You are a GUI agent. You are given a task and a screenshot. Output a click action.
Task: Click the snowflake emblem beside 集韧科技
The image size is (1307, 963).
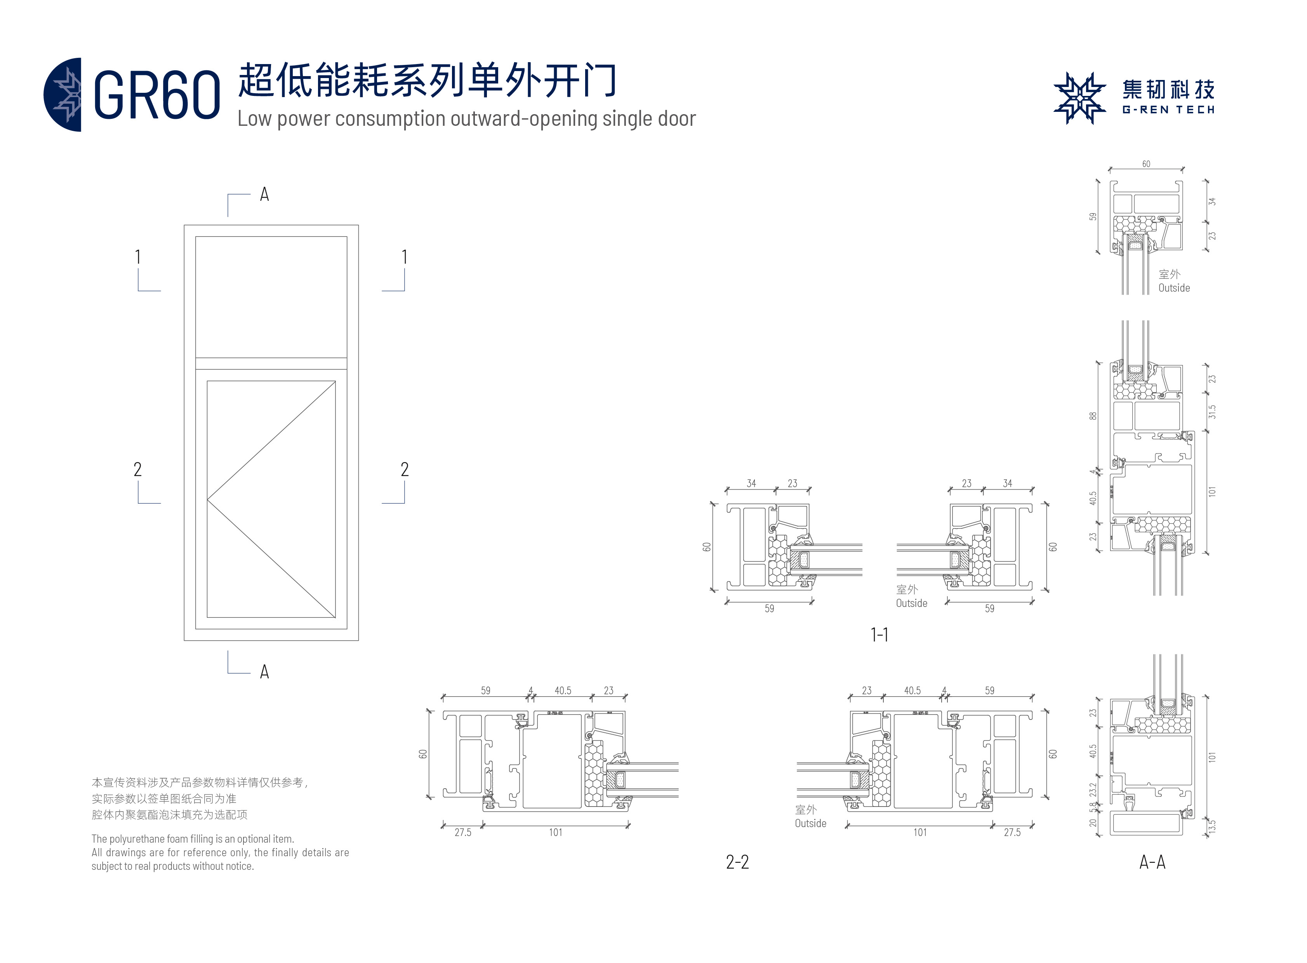(x=1079, y=98)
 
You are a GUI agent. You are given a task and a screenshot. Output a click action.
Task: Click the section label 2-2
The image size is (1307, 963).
(x=737, y=862)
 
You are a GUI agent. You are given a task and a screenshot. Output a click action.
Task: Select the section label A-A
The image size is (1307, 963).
(x=1152, y=862)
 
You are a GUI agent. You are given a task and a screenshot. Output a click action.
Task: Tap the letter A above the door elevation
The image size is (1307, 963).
(x=264, y=194)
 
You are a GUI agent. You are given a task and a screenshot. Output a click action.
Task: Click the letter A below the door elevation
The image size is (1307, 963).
(x=264, y=671)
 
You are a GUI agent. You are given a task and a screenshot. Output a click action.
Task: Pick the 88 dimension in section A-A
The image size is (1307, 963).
(x=1093, y=415)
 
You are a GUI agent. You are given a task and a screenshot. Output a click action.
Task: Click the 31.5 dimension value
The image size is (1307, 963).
(x=1212, y=412)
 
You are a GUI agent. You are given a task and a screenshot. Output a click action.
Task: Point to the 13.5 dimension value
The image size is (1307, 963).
(x=1212, y=826)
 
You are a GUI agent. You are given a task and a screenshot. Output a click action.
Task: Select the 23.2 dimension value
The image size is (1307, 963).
(x=1093, y=789)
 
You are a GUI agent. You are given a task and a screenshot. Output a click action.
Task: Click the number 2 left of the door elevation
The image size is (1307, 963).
(x=137, y=469)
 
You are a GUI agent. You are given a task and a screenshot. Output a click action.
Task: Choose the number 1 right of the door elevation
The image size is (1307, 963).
(x=405, y=257)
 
